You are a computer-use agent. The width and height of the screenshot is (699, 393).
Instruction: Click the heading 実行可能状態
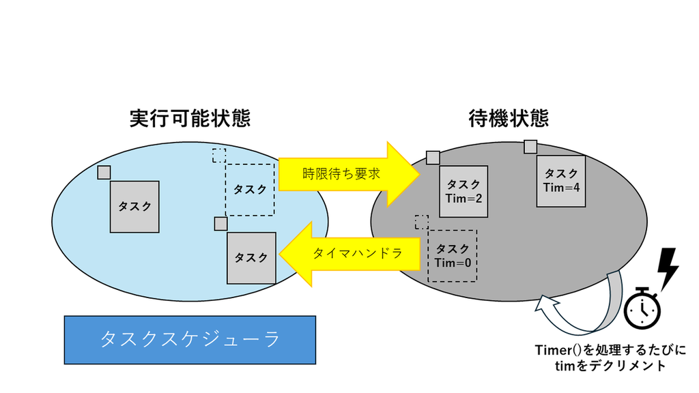click(190, 119)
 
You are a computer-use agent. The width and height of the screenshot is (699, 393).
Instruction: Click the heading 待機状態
click(509, 119)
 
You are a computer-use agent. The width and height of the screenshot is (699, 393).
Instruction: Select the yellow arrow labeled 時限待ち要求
click(349, 174)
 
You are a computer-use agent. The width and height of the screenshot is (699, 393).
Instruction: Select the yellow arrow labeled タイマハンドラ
click(349, 254)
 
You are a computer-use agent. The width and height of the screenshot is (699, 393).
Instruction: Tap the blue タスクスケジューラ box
click(190, 340)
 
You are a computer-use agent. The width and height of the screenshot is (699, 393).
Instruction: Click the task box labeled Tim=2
click(463, 192)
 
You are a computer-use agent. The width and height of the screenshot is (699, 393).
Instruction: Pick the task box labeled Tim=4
click(561, 181)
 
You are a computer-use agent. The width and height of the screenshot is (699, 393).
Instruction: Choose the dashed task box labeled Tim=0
click(453, 256)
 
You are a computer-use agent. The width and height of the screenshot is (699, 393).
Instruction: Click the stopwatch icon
click(642, 308)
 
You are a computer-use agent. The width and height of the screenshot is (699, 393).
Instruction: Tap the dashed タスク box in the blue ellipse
click(250, 190)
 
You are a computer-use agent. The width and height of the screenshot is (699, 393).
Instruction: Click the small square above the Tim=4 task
click(530, 147)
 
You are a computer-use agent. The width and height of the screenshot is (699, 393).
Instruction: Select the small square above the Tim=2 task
click(433, 158)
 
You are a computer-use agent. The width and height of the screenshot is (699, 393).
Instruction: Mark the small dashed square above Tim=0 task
click(422, 222)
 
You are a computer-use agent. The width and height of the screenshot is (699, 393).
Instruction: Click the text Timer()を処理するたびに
click(610, 350)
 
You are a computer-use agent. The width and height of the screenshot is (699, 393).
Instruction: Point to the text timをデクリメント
click(610, 366)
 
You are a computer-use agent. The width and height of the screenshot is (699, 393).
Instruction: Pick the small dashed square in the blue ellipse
click(219, 156)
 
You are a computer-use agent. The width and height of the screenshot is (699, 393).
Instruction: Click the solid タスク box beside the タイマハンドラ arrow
click(251, 258)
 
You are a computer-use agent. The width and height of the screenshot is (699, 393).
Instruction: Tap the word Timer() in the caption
click(558, 350)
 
